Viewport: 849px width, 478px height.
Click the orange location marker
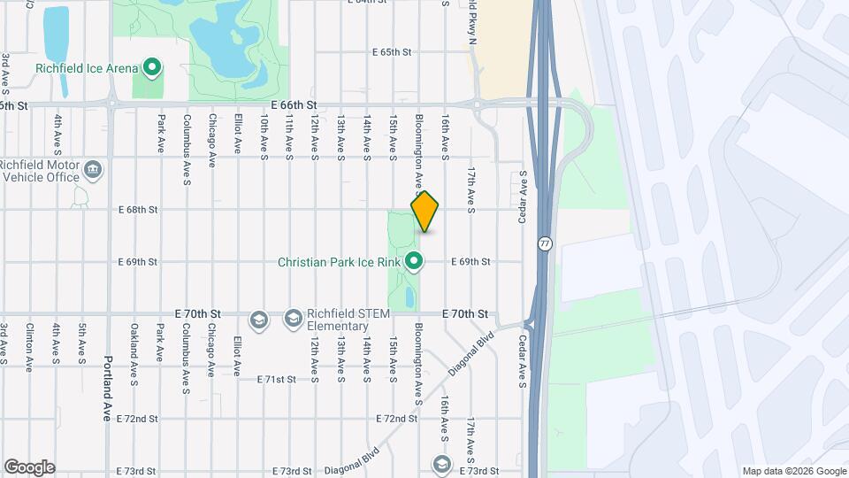(425, 212)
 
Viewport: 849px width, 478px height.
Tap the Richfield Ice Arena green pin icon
(151, 67)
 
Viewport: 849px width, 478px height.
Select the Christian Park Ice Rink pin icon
(414, 261)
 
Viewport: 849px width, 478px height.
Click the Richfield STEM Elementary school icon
(259, 319)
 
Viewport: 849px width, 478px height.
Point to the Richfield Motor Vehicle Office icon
(93, 168)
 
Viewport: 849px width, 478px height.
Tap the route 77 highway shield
(544, 242)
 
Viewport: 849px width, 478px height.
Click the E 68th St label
(138, 210)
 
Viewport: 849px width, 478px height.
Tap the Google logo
(28, 466)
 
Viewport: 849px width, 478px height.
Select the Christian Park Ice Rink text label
(340, 262)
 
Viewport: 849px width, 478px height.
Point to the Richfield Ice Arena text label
(87, 68)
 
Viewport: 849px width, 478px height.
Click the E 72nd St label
(396, 418)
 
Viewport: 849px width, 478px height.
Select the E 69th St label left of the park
(138, 262)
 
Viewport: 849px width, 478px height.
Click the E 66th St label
(294, 104)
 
